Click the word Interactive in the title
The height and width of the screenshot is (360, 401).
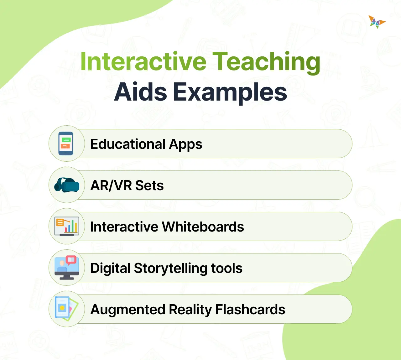tap(143, 61)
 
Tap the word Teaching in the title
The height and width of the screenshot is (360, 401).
tap(266, 62)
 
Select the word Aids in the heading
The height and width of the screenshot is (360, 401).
tap(141, 92)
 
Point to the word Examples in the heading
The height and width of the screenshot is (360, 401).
tap(230, 92)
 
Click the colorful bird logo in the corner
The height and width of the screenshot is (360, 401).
tap(377, 22)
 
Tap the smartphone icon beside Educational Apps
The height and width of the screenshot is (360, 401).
tap(66, 144)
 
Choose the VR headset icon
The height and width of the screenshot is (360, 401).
tap(66, 185)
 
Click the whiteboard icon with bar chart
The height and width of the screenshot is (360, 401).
tap(66, 226)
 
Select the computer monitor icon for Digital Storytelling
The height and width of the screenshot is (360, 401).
tap(66, 268)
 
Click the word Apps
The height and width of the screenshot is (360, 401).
tap(186, 144)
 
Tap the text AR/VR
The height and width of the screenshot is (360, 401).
tap(111, 185)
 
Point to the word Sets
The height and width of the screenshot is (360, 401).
tap(149, 185)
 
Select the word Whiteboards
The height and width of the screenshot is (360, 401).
tap(203, 227)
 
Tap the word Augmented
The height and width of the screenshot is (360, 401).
tap(128, 310)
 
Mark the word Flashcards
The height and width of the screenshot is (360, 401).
tap(250, 310)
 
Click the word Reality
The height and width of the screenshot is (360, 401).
tap(190, 310)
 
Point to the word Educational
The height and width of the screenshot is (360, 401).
tap(128, 144)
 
